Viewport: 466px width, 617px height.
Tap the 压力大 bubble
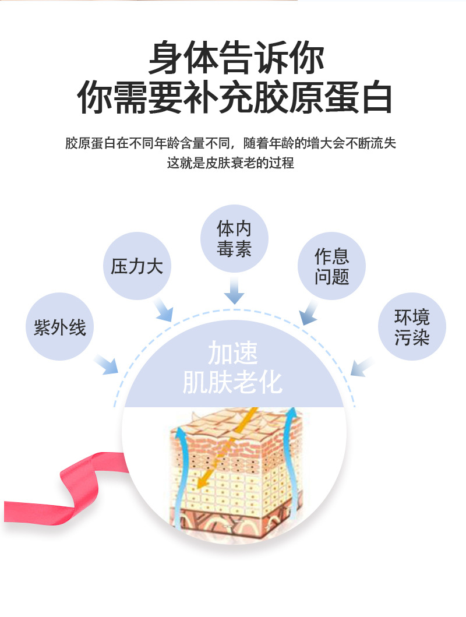point(137,266)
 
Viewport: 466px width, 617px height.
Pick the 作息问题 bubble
point(331,266)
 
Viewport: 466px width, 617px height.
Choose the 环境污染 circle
point(412,327)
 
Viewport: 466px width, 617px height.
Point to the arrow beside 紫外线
point(106,364)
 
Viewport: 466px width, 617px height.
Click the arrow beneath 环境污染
point(362,366)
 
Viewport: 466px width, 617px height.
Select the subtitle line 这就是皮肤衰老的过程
point(231,163)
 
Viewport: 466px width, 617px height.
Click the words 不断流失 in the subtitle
point(370,143)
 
